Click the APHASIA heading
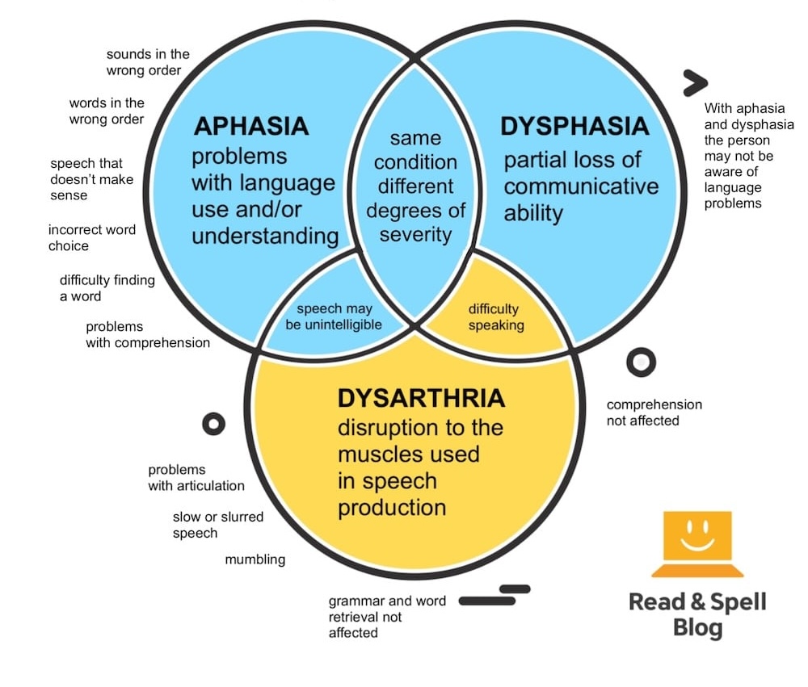(x=250, y=127)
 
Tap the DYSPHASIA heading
(x=574, y=127)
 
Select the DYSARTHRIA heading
(x=421, y=399)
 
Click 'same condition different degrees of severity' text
(x=415, y=187)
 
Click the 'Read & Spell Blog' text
(x=697, y=614)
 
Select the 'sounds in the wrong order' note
(x=148, y=62)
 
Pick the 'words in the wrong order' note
(x=107, y=111)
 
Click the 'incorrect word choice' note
(x=91, y=237)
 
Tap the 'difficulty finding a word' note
(x=107, y=288)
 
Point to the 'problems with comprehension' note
(x=147, y=334)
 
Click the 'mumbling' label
(x=255, y=559)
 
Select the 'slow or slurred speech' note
(x=217, y=525)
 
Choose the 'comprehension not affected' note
(x=654, y=412)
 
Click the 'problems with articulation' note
(x=196, y=478)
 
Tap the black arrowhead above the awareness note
(x=694, y=82)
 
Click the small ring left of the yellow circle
(x=213, y=423)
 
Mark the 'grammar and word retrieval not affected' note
(x=375, y=617)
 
